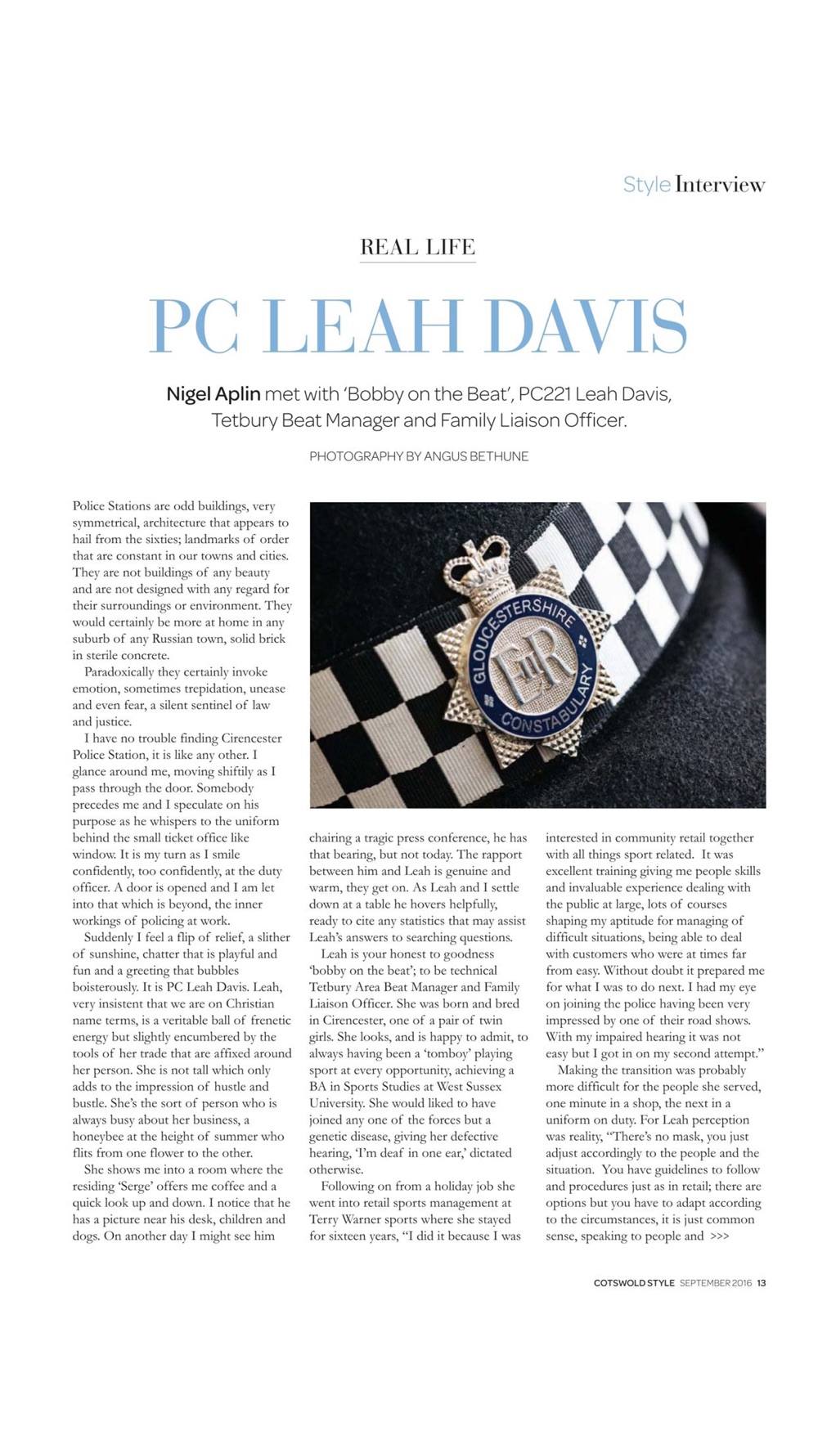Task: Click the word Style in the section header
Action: pos(646,185)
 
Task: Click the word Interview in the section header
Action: pos(720,185)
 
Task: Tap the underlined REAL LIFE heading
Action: pos(417,247)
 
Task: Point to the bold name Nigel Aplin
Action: pos(213,394)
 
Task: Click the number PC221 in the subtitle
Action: pos(544,394)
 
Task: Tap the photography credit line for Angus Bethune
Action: pos(418,456)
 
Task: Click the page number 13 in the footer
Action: pos(762,1283)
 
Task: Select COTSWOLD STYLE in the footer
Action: pos(634,1283)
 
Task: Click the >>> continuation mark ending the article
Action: pos(720,1236)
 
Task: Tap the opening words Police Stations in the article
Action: pos(110,506)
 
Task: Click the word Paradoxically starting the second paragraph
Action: pos(124,672)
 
